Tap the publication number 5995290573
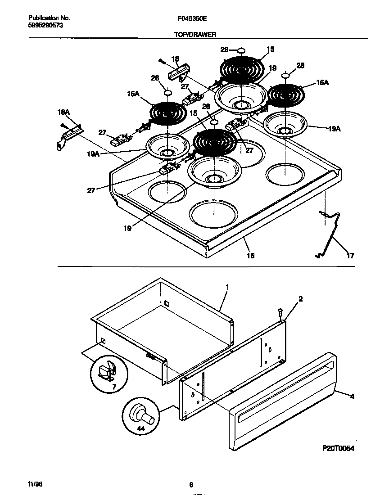[x=45, y=26]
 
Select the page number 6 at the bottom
[x=191, y=485]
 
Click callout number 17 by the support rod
[x=350, y=256]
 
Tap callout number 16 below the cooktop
[x=250, y=255]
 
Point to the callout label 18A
[x=63, y=111]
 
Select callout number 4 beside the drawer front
[x=352, y=397]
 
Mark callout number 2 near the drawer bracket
[x=300, y=299]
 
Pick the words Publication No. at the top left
[x=49, y=18]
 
